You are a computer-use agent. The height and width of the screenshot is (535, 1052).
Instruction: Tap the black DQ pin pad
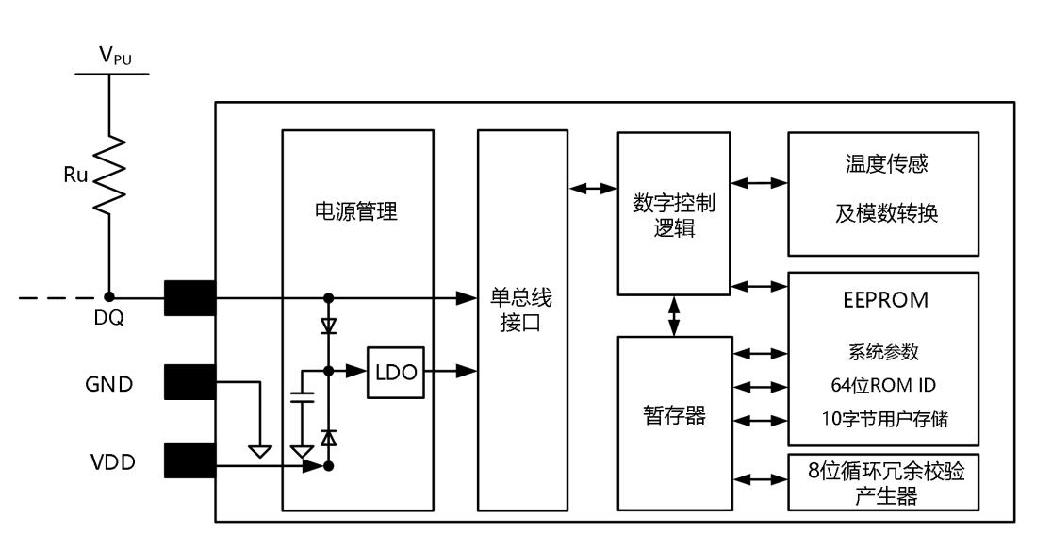point(190,297)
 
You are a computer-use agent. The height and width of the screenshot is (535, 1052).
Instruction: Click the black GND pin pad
point(190,382)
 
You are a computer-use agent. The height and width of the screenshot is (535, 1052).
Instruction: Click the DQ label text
point(110,319)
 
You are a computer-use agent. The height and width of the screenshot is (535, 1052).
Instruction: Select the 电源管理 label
point(355,211)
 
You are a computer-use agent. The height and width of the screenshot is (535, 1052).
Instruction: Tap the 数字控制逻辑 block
point(674,212)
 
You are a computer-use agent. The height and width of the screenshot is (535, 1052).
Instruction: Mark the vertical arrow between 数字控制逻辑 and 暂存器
point(674,315)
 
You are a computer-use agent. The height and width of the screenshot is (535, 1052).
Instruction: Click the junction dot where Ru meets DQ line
point(110,297)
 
